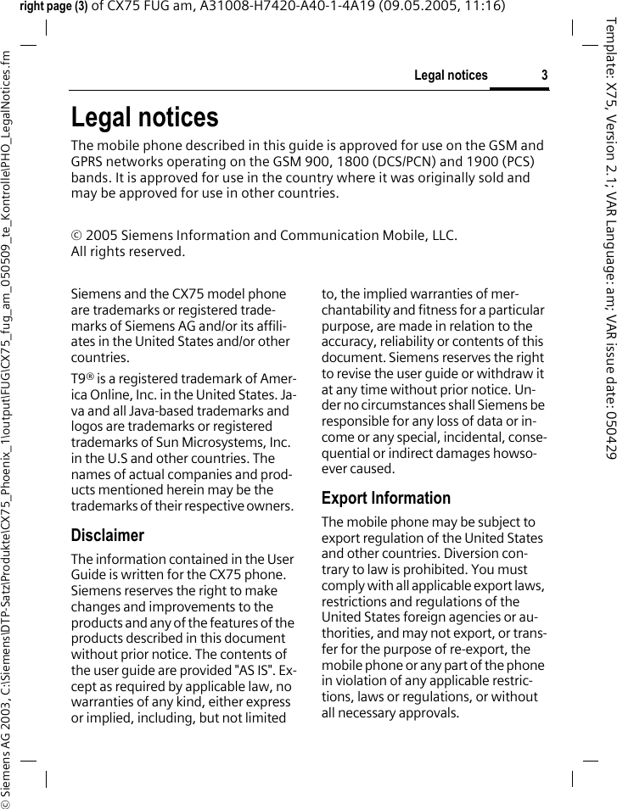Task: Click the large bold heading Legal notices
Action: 144,117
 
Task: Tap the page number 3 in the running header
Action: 545,75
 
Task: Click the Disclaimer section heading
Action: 107,535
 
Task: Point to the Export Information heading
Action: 385,498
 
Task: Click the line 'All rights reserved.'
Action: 127,251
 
